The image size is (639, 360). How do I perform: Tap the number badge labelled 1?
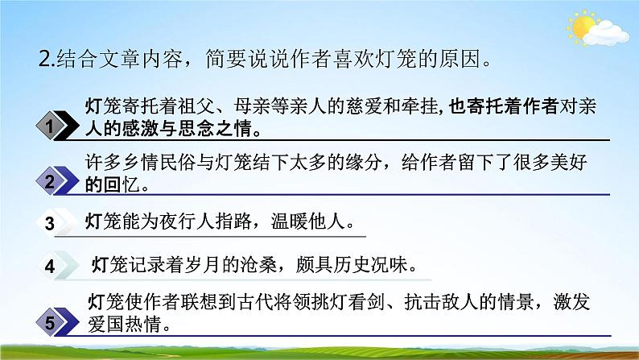[50, 126]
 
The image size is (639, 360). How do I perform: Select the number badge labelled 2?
[50, 182]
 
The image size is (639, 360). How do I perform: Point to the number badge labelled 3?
[50, 224]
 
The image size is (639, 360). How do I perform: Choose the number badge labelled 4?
[50, 266]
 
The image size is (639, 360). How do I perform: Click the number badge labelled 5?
[50, 324]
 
